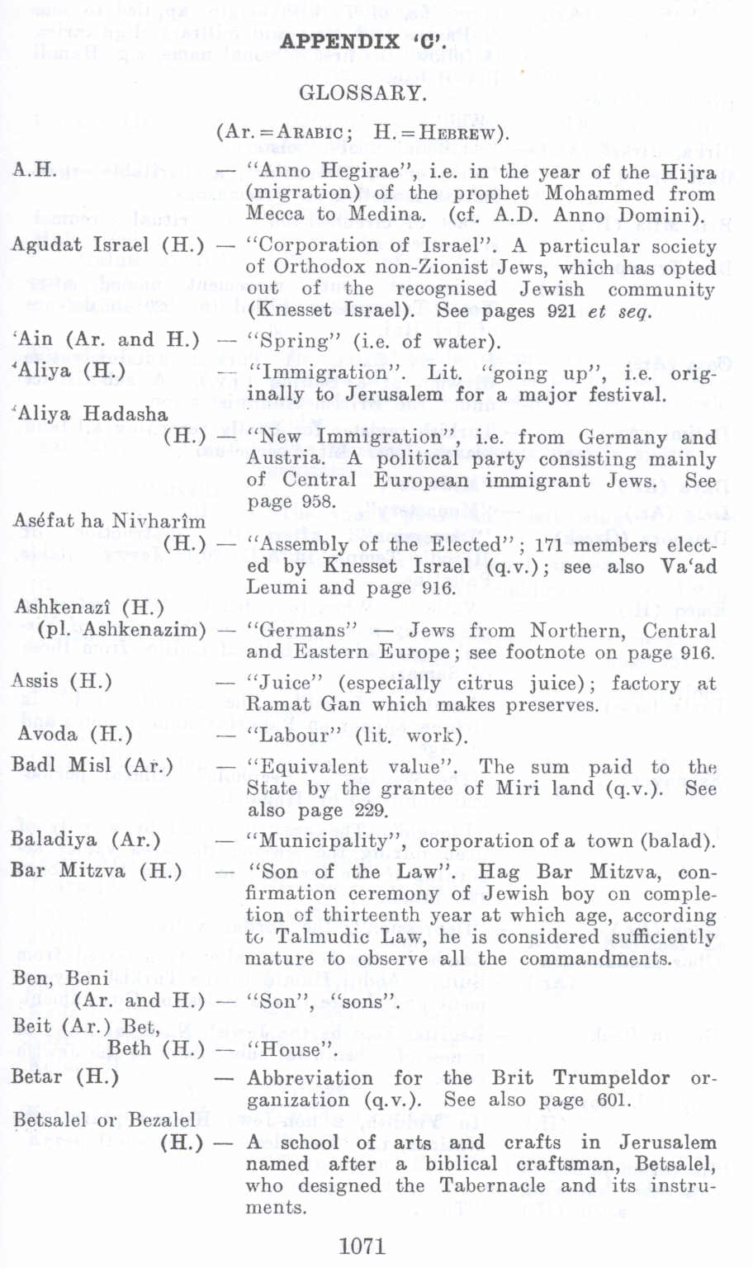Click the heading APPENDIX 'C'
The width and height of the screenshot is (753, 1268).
tap(363, 42)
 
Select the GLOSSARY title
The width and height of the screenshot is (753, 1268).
tap(362, 93)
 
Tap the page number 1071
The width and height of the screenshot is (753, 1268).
tap(362, 1246)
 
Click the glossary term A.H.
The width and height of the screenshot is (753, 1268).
tap(35, 171)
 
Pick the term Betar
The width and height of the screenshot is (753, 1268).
tap(37, 1076)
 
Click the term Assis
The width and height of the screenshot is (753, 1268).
tap(36, 681)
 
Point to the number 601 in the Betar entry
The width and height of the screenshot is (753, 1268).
tap(613, 1100)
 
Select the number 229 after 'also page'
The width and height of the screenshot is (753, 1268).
tap(369, 810)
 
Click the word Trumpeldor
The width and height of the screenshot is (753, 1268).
tap(611, 1078)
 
